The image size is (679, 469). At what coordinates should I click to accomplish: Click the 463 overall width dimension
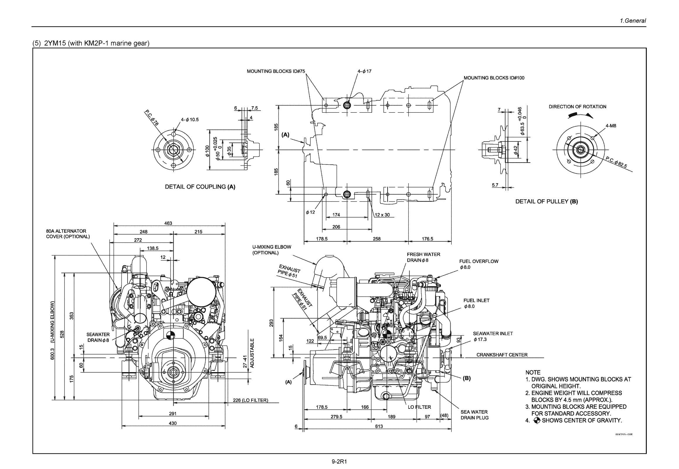coord(168,223)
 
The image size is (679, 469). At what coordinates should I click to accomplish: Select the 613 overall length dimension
coord(379,426)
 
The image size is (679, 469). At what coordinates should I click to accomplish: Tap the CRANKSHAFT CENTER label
coord(502,355)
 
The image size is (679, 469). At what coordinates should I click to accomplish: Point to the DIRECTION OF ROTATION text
coord(577,107)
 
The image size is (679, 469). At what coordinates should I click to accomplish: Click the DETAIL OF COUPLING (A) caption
coord(200,187)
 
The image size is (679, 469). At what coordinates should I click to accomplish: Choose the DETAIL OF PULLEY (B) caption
coord(546,201)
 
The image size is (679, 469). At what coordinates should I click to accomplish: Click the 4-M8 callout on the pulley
coord(611,126)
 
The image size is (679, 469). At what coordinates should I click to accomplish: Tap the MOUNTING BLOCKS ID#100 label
coord(494,78)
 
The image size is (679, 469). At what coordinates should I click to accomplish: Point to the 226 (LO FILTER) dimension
coord(250,400)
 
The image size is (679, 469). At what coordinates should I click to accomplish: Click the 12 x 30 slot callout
coord(382,215)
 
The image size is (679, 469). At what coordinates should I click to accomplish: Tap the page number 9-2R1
coord(339,462)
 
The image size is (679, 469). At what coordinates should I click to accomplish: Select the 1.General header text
coord(633,21)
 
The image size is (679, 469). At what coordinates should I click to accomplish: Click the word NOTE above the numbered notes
coord(533,372)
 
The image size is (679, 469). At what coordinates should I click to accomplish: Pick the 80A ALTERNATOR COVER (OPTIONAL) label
coord(68,234)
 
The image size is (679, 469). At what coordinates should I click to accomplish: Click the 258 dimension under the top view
coord(377,239)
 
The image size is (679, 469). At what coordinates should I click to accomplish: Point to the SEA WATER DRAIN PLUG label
coord(474,415)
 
